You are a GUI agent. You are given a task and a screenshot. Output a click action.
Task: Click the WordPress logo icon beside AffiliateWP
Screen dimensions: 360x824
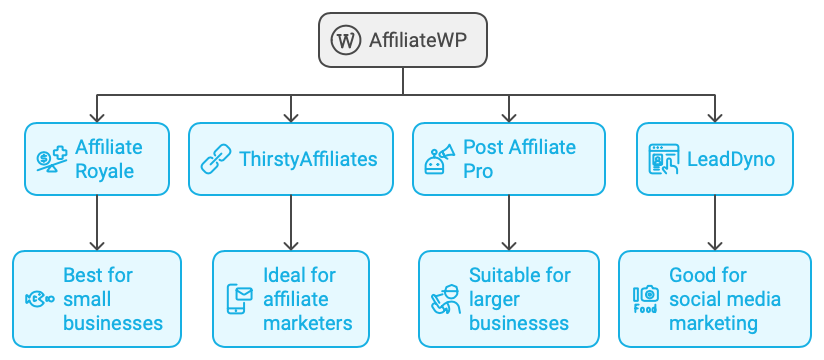coord(346,41)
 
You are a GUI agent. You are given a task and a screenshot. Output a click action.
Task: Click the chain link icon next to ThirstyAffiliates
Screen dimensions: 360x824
coord(216,158)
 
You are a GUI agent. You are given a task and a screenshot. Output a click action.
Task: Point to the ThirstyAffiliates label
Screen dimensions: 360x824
coord(308,158)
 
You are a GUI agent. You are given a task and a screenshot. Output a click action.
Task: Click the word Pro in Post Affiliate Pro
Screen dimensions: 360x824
coord(480,170)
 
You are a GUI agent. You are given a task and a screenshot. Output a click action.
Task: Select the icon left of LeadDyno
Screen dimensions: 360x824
coord(663,158)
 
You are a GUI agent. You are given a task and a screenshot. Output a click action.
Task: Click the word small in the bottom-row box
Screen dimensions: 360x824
coord(87,299)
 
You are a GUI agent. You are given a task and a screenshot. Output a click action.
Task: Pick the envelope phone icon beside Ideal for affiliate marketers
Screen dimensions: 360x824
coord(240,299)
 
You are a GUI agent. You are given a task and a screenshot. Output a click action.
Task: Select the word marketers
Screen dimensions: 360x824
coord(308,323)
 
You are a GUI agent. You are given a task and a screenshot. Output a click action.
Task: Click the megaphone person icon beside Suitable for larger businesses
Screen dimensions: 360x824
coord(444,299)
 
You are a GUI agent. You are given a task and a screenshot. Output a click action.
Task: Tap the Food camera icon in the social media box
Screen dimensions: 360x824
coord(646,299)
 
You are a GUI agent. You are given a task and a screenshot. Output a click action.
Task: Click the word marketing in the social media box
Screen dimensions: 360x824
coord(714,323)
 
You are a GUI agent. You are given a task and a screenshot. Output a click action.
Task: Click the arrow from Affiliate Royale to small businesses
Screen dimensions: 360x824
coord(97,222)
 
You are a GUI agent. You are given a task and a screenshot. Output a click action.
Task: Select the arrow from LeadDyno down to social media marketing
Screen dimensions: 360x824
coord(715,222)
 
